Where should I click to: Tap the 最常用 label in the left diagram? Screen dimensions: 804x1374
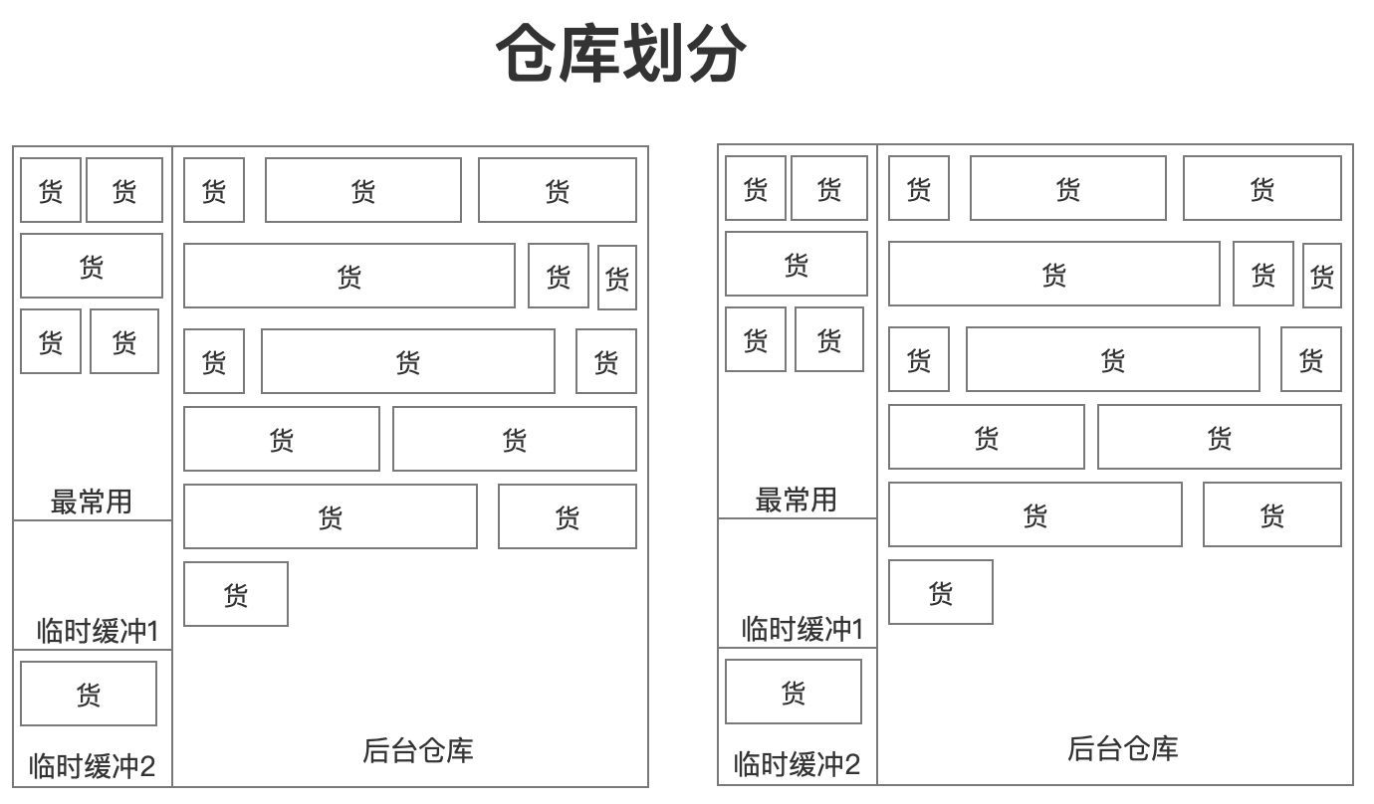(91, 501)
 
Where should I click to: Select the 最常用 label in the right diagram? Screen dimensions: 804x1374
(796, 499)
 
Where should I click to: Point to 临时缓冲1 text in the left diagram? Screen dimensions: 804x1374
(97, 630)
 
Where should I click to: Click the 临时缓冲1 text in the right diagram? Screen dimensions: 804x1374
(801, 628)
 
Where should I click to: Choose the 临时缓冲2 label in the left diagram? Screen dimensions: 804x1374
(92, 766)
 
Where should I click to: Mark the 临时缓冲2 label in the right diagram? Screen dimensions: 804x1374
(797, 763)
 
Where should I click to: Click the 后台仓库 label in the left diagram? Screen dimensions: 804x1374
(417, 749)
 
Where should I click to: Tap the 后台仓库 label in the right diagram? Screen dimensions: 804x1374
(1122, 747)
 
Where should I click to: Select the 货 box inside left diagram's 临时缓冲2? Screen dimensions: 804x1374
(89, 694)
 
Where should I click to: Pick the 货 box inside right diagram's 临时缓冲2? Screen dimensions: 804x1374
(794, 692)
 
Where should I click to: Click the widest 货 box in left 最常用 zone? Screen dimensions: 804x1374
(92, 266)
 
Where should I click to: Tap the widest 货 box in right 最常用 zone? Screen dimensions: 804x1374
(797, 264)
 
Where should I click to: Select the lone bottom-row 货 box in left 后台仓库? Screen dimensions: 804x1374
(236, 594)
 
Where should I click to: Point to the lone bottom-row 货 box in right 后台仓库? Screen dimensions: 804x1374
(941, 592)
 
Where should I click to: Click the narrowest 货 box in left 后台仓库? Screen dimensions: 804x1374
(617, 278)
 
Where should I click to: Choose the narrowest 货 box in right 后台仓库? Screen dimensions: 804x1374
(1322, 276)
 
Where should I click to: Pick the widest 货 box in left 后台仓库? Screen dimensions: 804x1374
(349, 276)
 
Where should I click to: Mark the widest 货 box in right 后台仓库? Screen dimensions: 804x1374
(1054, 274)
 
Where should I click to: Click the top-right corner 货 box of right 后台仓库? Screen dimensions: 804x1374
(1262, 188)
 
